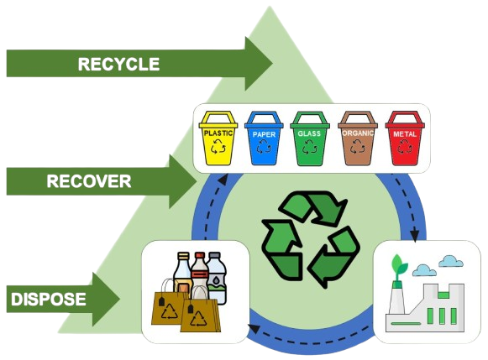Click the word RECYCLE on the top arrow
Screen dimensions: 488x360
pos(118,64)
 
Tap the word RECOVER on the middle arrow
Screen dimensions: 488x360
pos(89,181)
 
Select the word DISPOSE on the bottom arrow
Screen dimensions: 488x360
pos(49,299)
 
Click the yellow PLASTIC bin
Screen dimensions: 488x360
pos(218,138)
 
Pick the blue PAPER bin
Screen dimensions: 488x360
pos(264,138)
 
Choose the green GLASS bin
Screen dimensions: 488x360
pos(310,138)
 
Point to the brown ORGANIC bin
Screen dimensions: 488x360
pos(358,138)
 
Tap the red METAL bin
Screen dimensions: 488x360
pos(405,138)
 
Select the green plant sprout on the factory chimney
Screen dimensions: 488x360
pos(399,268)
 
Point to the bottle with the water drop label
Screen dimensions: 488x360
pos(217,278)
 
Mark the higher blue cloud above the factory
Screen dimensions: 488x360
pos(451,262)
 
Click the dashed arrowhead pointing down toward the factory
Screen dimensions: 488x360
pos(414,236)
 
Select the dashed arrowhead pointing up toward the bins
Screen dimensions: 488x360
pos(223,180)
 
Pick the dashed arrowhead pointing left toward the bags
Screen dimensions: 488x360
pos(254,328)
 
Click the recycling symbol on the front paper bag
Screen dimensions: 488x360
pos(198,318)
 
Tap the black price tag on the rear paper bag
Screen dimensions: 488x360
pos(161,301)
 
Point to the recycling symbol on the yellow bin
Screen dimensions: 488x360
pos(218,146)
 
